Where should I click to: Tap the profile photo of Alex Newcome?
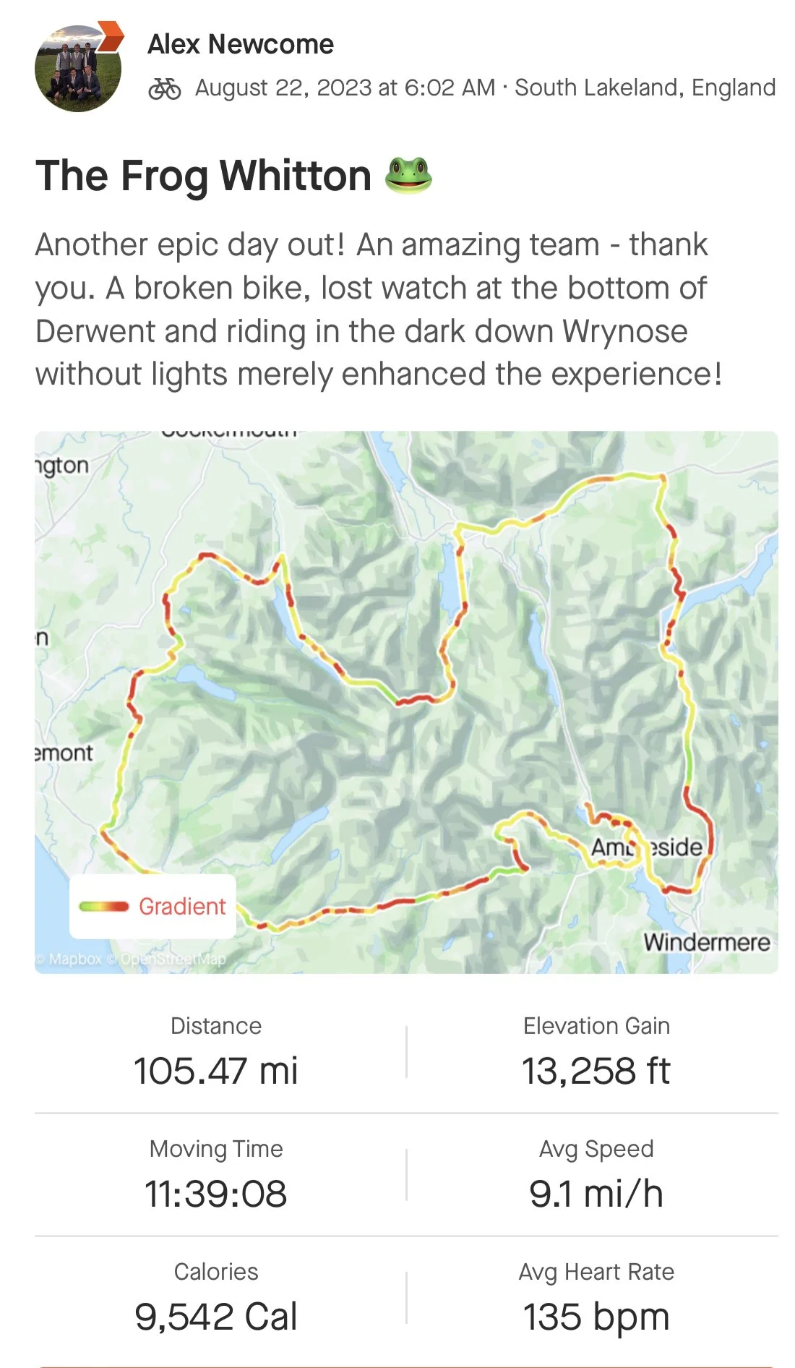click(78, 69)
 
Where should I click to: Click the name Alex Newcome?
click(241, 45)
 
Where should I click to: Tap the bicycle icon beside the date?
click(164, 89)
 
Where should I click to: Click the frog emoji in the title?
click(408, 176)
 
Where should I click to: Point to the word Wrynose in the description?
click(625, 331)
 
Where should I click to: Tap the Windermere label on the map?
click(706, 942)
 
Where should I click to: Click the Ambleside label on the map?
click(647, 847)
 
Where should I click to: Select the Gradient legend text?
click(182, 906)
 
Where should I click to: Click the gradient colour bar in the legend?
click(104, 907)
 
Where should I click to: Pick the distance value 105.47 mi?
click(215, 1071)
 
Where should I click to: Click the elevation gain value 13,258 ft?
click(596, 1071)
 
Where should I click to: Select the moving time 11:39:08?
click(215, 1194)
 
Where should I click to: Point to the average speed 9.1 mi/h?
click(596, 1194)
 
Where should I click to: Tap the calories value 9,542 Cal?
click(215, 1317)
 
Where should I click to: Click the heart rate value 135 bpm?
click(596, 1317)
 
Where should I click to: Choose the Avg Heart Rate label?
click(596, 1272)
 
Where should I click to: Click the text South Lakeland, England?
click(645, 87)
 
